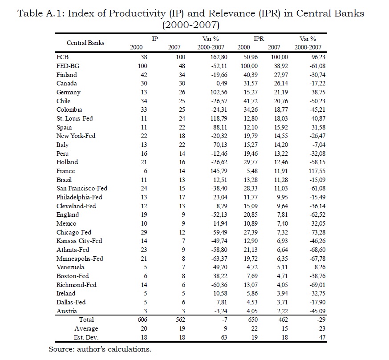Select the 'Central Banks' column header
pos(85,43)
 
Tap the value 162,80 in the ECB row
pos(215,57)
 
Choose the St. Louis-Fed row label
pos(74,118)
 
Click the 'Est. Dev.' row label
pos(86,337)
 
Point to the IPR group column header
pos(259,39)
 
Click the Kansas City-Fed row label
pos(79,241)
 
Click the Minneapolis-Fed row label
pos(80,259)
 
